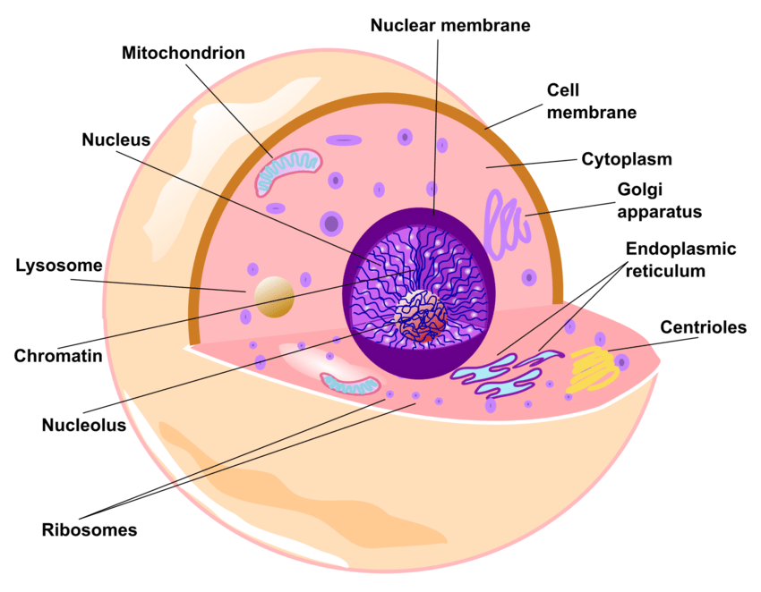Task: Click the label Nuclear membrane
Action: point(450,25)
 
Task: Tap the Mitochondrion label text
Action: point(184,53)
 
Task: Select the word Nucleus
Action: point(115,140)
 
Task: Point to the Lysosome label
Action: point(58,266)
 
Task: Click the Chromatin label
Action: point(58,355)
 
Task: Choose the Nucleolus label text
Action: point(84,425)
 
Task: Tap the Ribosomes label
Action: point(90,529)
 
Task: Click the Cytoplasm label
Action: point(627,159)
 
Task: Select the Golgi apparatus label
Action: point(659,200)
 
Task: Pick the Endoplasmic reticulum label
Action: point(680,259)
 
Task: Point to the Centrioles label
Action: point(703,327)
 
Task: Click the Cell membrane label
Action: point(592,102)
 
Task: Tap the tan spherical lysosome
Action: point(274,297)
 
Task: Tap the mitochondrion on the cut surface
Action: point(350,382)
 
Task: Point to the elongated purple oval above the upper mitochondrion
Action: point(344,140)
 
